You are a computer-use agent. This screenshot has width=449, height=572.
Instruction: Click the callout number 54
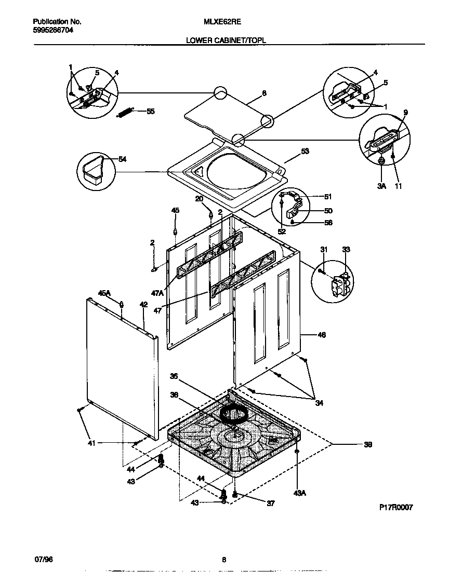(123, 159)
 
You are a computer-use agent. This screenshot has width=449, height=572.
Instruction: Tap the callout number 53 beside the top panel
(305, 152)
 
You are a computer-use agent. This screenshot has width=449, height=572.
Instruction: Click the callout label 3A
(381, 186)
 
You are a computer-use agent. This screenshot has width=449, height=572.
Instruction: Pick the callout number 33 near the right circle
(346, 250)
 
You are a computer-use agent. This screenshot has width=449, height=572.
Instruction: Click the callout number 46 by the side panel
(321, 336)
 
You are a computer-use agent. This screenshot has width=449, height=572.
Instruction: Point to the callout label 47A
(158, 293)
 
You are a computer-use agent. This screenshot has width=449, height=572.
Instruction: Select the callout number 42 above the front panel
(143, 305)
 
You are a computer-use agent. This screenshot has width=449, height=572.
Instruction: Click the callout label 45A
(104, 293)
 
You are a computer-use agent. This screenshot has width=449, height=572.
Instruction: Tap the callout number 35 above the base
(174, 376)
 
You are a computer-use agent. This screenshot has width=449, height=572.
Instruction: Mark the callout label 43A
(300, 493)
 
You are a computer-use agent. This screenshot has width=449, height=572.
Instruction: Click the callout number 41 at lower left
(91, 443)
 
